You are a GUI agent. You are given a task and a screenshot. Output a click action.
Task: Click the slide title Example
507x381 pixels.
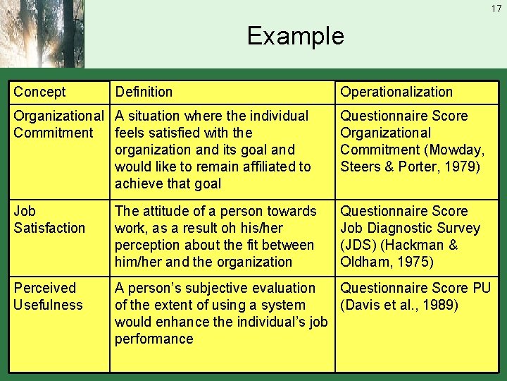295,36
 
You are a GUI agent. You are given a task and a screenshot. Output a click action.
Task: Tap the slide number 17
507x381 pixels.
496,8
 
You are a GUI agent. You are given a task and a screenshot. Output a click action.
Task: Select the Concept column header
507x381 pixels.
39,92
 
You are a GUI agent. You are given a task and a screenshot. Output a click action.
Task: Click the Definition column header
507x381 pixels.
144,92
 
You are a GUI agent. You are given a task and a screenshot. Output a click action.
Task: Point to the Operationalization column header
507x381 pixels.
396,92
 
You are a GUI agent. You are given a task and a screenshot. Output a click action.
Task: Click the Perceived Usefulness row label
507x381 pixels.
48,296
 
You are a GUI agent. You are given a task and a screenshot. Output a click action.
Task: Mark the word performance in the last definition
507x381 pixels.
154,339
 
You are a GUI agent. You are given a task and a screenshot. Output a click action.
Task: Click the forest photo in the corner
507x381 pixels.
42,33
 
